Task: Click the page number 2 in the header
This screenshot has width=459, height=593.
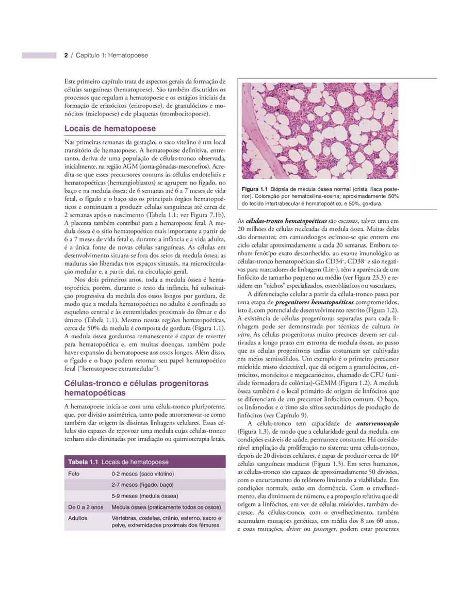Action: tap(66, 55)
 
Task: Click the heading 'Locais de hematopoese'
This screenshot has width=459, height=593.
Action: tap(110, 128)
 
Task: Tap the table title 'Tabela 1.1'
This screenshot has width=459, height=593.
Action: tap(84, 462)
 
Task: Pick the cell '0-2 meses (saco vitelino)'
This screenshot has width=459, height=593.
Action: tap(143, 473)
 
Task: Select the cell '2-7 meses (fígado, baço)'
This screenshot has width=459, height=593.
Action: tap(142, 485)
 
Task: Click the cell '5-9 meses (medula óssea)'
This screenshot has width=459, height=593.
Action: tap(145, 496)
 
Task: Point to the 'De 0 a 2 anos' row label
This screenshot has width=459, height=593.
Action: tap(86, 507)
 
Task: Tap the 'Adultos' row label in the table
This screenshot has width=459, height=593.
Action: tap(78, 518)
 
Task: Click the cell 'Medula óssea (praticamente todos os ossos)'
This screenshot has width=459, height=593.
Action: tap(166, 507)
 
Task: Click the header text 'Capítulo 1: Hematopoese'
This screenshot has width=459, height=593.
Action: tap(112, 55)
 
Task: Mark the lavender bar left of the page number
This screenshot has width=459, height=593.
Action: tap(39, 55)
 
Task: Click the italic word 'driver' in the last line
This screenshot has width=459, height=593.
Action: tap(292, 529)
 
